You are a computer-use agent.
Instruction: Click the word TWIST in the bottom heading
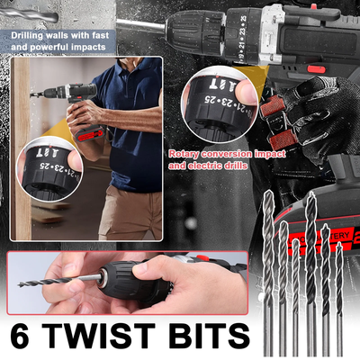pyautogui.click(x=109, y=337)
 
